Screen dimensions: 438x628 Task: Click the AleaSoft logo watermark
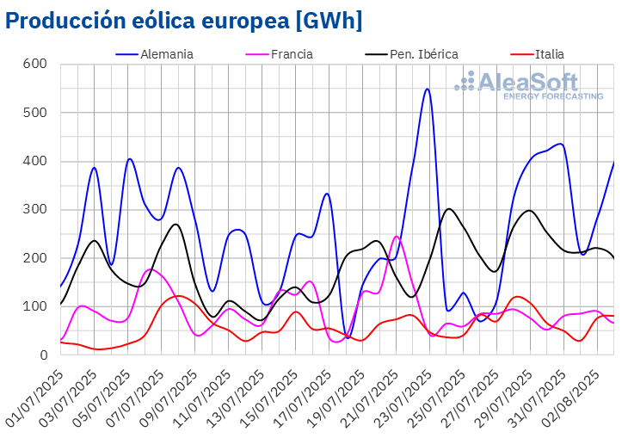(528, 86)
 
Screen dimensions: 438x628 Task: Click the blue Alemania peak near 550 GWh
(427, 89)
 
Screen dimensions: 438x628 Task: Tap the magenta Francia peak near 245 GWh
(397, 237)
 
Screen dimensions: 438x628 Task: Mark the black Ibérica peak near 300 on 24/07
(448, 209)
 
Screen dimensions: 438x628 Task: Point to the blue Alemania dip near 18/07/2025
(346, 336)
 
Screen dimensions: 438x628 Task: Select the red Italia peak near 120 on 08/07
(178, 296)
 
